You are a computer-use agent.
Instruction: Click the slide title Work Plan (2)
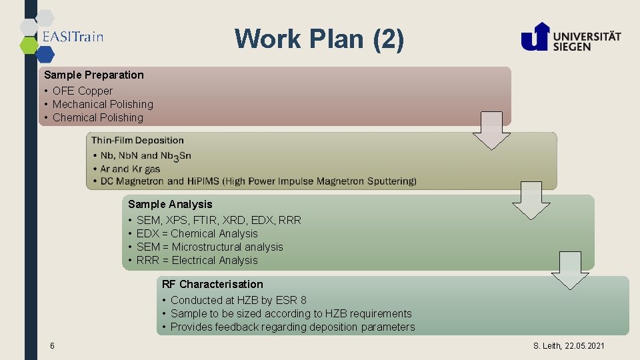[x=319, y=39]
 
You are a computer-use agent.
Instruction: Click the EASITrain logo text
[x=73, y=37]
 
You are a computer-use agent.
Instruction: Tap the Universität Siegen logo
[x=571, y=37]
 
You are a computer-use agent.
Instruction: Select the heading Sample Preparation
[x=94, y=75]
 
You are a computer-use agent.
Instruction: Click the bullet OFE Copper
[x=83, y=91]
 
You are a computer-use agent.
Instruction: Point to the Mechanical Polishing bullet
[x=103, y=104]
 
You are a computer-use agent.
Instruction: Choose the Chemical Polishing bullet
[x=98, y=117]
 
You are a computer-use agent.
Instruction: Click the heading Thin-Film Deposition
[x=137, y=140]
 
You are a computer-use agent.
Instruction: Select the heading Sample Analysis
[x=170, y=204]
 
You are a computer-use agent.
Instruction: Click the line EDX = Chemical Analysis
[x=197, y=233]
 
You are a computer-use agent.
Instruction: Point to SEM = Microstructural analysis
[x=209, y=247]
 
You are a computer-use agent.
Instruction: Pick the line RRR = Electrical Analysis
[x=197, y=260]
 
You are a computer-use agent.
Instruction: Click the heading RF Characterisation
[x=212, y=284]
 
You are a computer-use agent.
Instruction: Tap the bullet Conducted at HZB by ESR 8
[x=238, y=300]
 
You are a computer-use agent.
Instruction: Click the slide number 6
[x=52, y=345]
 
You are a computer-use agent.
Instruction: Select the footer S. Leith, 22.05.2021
[x=569, y=345]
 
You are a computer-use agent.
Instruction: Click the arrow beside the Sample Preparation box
[x=491, y=131]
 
